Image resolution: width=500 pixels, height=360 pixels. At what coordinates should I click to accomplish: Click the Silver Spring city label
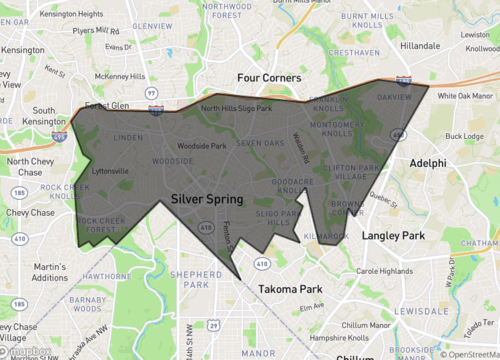206,200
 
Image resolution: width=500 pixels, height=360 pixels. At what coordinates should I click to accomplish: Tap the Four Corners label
269,77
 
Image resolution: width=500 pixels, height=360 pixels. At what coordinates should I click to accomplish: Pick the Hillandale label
420,46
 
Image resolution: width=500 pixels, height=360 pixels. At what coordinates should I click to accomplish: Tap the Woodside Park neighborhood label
202,146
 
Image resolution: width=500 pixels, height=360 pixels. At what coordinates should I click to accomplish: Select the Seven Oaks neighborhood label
261,143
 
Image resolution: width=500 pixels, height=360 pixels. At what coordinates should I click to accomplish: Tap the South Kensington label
44,117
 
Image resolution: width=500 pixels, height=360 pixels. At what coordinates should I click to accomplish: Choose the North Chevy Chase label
37,167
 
